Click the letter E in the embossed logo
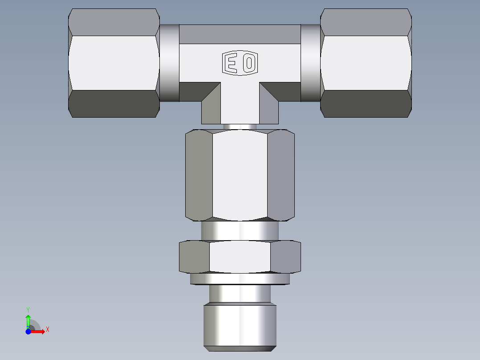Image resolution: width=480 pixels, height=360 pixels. [232, 63]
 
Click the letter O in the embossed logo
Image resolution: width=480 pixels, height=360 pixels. [249, 63]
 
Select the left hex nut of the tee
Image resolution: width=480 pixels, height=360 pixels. [114, 63]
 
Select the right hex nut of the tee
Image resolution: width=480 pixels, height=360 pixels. [366, 63]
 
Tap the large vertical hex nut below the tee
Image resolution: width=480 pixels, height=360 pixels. [240, 175]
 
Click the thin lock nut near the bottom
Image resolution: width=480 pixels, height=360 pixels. [240, 257]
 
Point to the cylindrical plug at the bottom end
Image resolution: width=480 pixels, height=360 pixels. [240, 325]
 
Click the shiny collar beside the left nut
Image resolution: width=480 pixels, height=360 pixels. [169, 62]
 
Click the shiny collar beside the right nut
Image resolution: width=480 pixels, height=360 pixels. [310, 62]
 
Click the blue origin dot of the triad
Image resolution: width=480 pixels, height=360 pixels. [28, 331]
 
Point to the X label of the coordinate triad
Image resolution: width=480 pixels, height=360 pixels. [48, 330]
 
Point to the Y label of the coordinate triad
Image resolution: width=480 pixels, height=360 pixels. [28, 309]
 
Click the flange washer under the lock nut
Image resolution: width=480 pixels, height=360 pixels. [240, 279]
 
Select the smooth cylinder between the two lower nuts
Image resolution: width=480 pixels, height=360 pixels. [240, 231]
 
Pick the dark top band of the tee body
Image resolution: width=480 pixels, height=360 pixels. [240, 34]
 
